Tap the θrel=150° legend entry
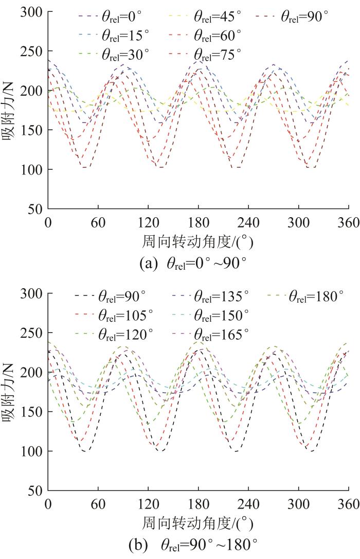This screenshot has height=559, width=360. [x=222, y=315]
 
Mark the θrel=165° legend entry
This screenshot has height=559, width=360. [x=222, y=334]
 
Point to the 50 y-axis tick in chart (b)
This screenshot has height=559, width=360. [x=34, y=491]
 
